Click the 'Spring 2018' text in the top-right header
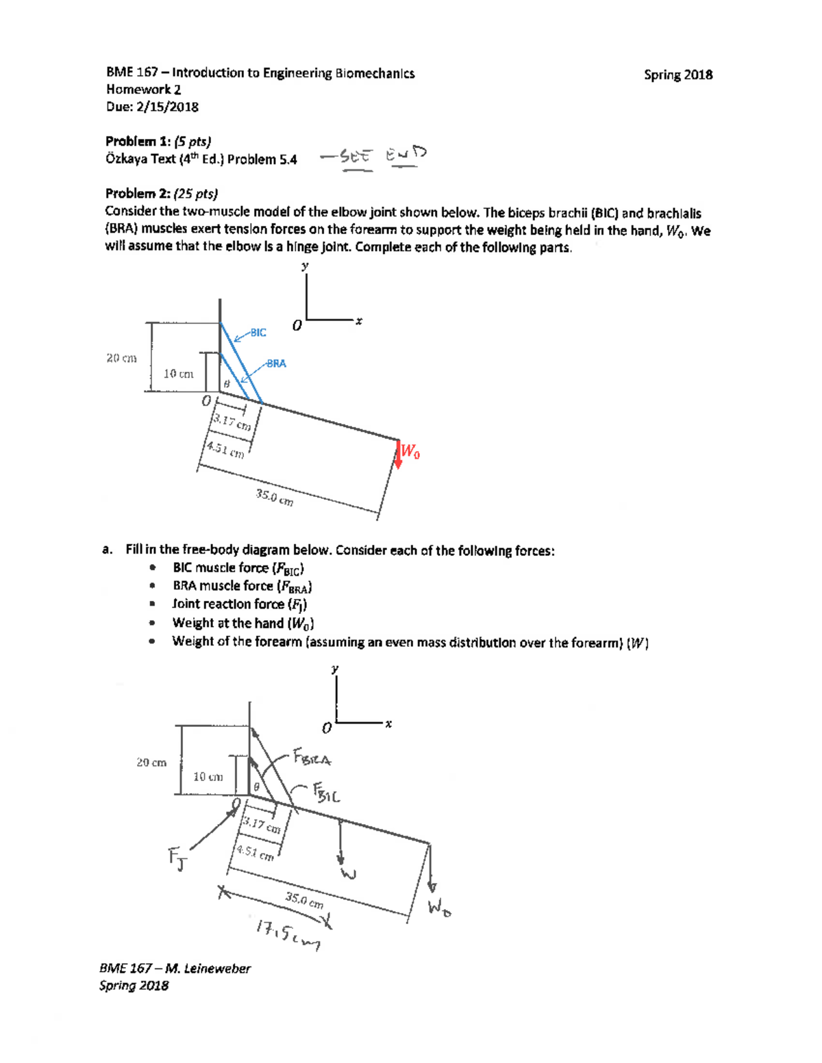pos(677,75)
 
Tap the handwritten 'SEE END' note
pos(373,156)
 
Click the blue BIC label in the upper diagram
pos(258,333)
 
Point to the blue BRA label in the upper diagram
pos(276,363)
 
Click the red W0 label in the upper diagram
pos(410,451)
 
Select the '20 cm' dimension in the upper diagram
pos(121,358)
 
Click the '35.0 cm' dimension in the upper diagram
pos(275,498)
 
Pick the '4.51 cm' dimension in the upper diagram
pos(225,450)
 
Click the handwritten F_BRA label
pos(312,758)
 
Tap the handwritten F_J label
pos(177,859)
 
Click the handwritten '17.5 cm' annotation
pos(288,934)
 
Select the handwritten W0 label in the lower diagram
pos(439,908)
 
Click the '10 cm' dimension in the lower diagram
pos(208,776)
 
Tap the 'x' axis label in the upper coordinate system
pos(358,320)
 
